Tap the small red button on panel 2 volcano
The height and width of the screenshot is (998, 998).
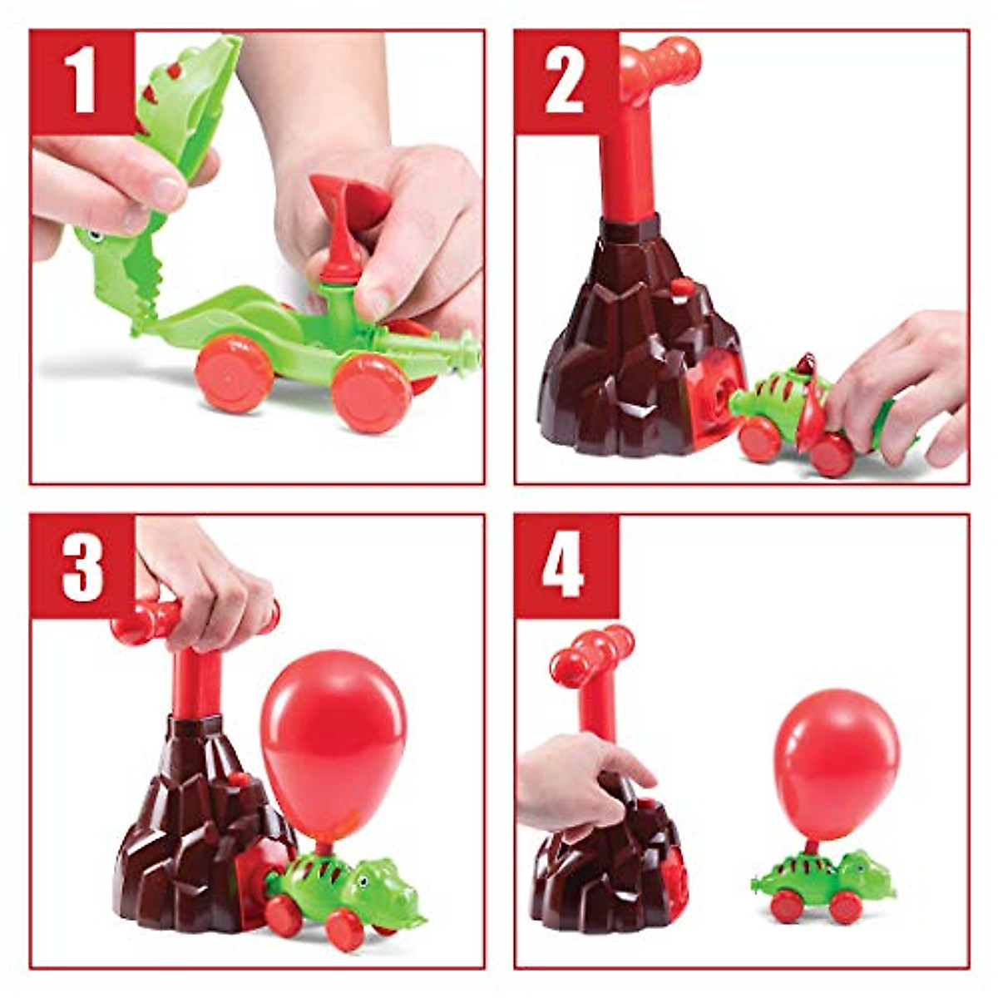click(682, 287)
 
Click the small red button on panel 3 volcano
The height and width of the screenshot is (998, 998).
click(239, 779)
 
